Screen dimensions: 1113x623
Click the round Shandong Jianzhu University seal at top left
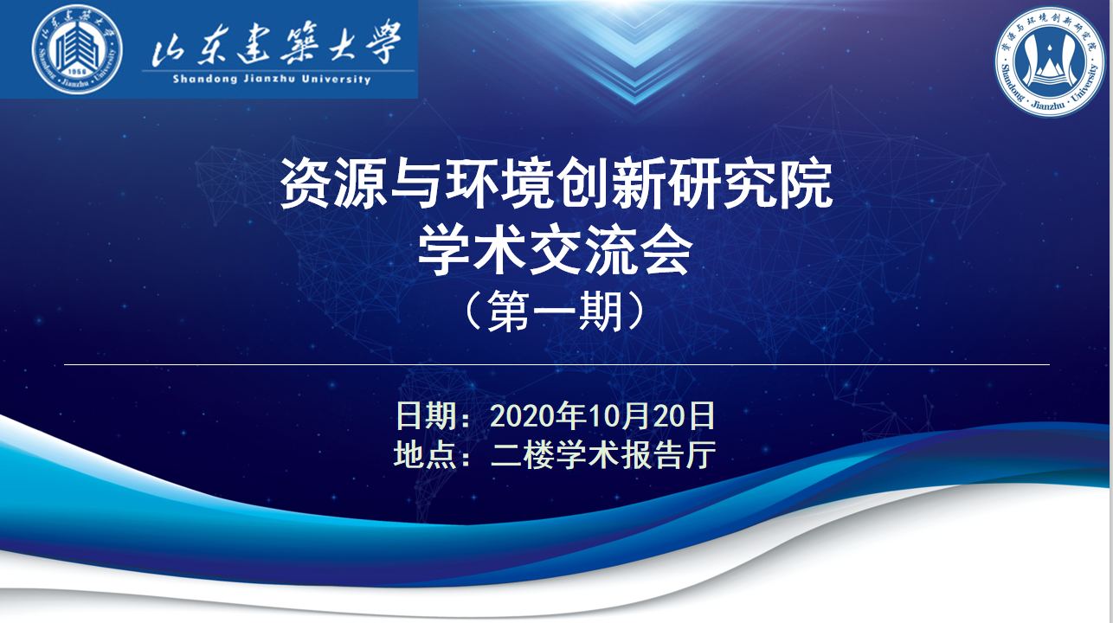77,48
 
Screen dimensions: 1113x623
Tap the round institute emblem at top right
1050,61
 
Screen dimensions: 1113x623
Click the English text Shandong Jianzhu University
272,79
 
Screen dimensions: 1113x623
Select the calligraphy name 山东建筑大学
276,44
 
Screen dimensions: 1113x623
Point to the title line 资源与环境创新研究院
556,183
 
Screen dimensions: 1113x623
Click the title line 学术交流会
556,251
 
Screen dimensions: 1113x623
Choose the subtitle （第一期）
556,312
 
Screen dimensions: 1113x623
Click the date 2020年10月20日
602,415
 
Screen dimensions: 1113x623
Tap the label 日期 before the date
426,415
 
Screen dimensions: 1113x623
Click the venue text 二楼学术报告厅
603,454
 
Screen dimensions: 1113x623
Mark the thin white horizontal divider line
556,364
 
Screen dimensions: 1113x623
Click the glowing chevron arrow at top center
636,55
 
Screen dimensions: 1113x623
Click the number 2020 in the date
522,416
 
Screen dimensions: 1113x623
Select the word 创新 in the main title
611,183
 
